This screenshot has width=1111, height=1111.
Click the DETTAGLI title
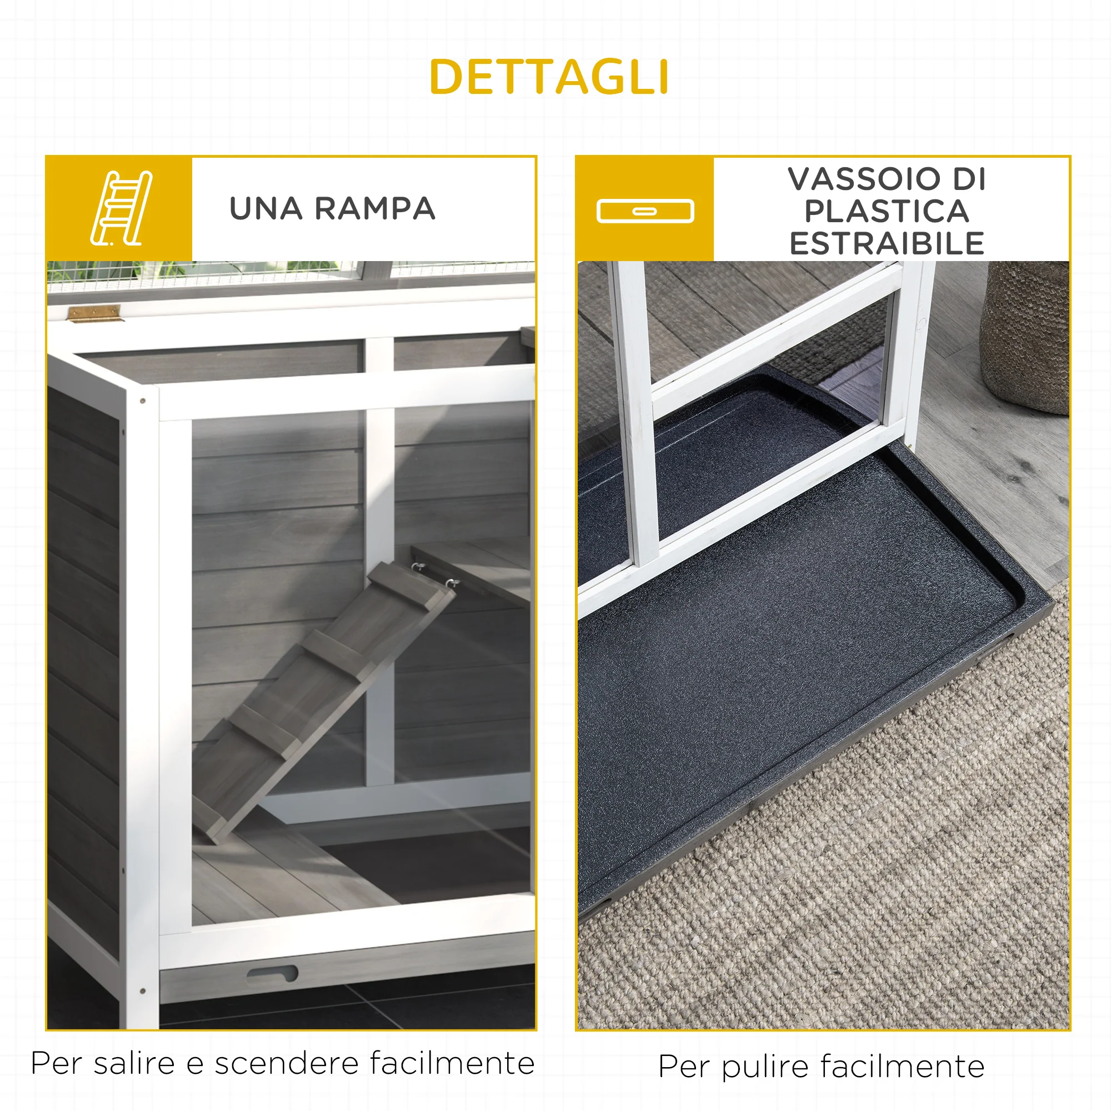coord(549,77)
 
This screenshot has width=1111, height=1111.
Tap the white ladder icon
coord(121,208)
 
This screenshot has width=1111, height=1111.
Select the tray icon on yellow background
coord(645,211)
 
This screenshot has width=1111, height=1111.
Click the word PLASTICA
coord(886,211)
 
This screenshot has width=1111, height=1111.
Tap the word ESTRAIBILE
coord(886,243)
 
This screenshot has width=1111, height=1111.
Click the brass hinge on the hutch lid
coord(95,313)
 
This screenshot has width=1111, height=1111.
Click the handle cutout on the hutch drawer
coord(272,974)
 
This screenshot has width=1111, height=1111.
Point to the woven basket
coord(1025,337)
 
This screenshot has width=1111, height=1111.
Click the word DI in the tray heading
coord(969,179)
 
